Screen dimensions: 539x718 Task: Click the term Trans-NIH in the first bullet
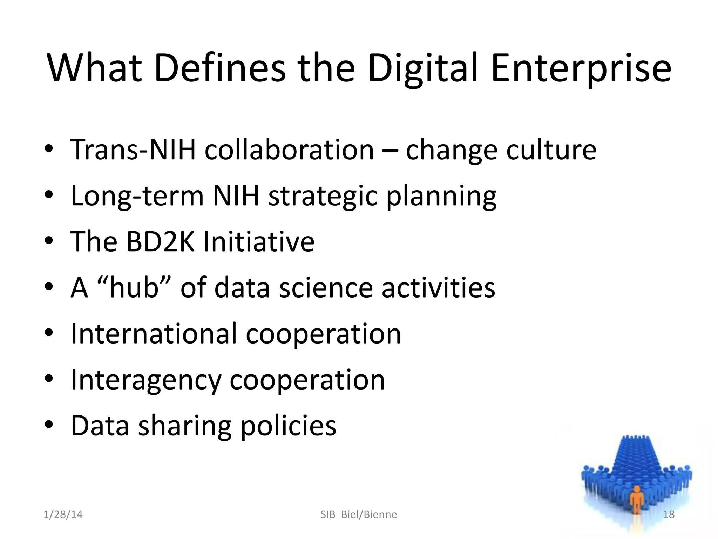tap(133, 150)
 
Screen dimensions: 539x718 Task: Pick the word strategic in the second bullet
tap(323, 196)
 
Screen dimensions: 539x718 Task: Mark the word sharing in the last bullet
tap(185, 426)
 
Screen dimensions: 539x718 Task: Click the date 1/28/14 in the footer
tap(63, 514)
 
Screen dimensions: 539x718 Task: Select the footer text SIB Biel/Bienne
tap(359, 514)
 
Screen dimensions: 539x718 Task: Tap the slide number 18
tap(669, 514)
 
